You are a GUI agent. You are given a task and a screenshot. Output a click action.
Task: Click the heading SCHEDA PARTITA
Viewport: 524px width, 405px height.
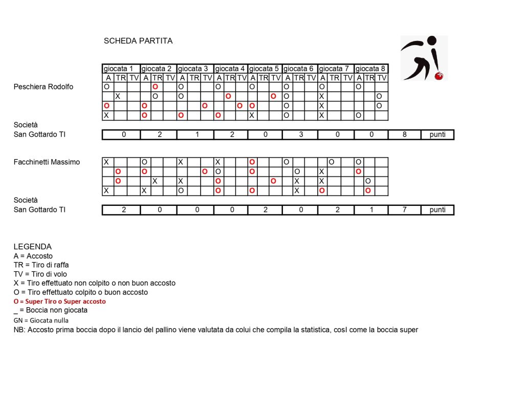[138, 41]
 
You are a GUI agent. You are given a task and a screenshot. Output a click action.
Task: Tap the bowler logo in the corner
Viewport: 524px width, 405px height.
[423, 58]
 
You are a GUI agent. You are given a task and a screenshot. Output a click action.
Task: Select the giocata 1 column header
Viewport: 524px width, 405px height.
[121, 69]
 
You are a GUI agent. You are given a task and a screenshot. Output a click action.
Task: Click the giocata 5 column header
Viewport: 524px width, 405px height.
[265, 69]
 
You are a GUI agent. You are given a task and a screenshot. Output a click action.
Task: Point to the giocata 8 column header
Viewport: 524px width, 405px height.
[370, 69]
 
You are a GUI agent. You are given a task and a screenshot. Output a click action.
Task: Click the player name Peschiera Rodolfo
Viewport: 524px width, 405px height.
[43, 87]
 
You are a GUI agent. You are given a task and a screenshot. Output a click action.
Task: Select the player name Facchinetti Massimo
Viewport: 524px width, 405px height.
[47, 162]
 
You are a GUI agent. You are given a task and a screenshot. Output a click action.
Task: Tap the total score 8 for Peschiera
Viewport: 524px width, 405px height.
[404, 135]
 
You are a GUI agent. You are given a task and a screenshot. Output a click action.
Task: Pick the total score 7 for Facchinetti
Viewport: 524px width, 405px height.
[404, 210]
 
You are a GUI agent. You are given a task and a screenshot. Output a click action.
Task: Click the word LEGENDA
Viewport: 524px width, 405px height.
[33, 246]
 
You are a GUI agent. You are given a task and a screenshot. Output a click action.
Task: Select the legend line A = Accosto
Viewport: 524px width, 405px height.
[33, 255]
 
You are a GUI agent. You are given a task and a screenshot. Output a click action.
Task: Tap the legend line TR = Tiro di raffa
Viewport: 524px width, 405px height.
[41, 265]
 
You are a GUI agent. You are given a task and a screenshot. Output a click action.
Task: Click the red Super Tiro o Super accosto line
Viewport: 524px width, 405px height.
[60, 302]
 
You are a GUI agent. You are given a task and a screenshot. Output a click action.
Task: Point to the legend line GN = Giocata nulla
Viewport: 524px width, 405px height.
[41, 320]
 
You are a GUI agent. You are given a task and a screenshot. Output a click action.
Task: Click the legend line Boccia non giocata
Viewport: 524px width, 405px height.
[51, 310]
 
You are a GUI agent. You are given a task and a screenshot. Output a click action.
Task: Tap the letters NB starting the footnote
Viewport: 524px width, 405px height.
[18, 330]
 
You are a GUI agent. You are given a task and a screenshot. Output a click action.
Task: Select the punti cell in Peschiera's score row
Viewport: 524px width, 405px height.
[438, 135]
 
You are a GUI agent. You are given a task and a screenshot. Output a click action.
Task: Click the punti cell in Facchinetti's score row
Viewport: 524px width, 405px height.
[438, 210]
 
